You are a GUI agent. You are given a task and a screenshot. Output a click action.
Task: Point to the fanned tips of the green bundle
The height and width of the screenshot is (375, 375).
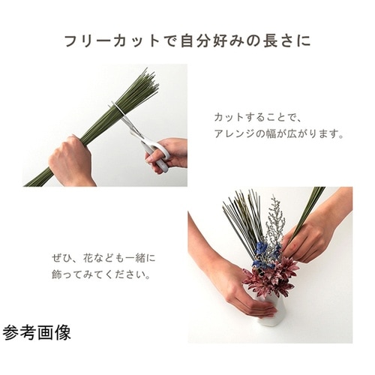pos(142,84)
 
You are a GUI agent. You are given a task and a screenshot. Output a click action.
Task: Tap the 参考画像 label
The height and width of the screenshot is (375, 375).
pos(37,331)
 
